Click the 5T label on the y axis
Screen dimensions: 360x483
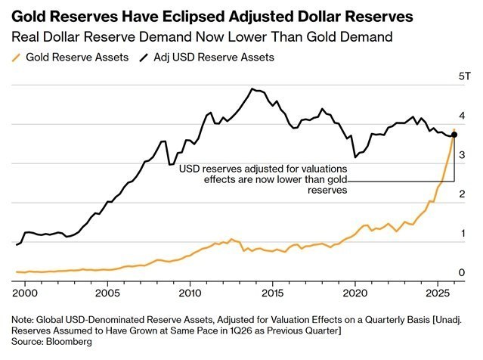(x=466, y=77)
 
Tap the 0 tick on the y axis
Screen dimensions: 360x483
(x=463, y=272)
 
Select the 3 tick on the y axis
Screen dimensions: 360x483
(x=463, y=155)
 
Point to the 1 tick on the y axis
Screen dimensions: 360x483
(x=463, y=234)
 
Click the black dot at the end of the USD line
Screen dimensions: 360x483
(x=454, y=135)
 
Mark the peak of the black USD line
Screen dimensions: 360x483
(x=252, y=89)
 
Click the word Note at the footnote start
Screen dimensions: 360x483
(x=23, y=318)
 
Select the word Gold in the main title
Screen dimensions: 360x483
(x=29, y=16)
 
